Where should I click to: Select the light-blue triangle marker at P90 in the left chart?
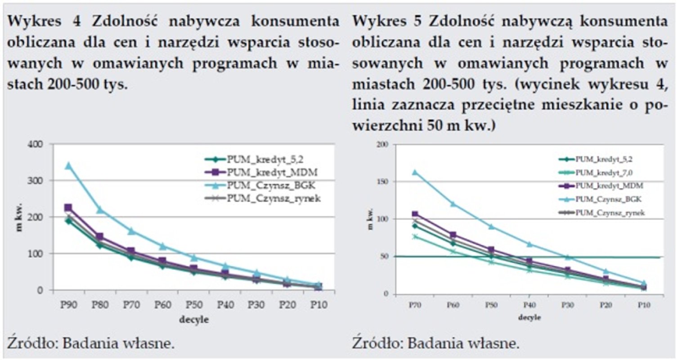point(69,166)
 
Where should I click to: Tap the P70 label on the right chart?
point(414,305)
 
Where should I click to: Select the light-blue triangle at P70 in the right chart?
point(415,172)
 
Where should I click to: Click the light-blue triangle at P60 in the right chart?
point(453,204)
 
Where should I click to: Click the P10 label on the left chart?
point(318,304)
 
